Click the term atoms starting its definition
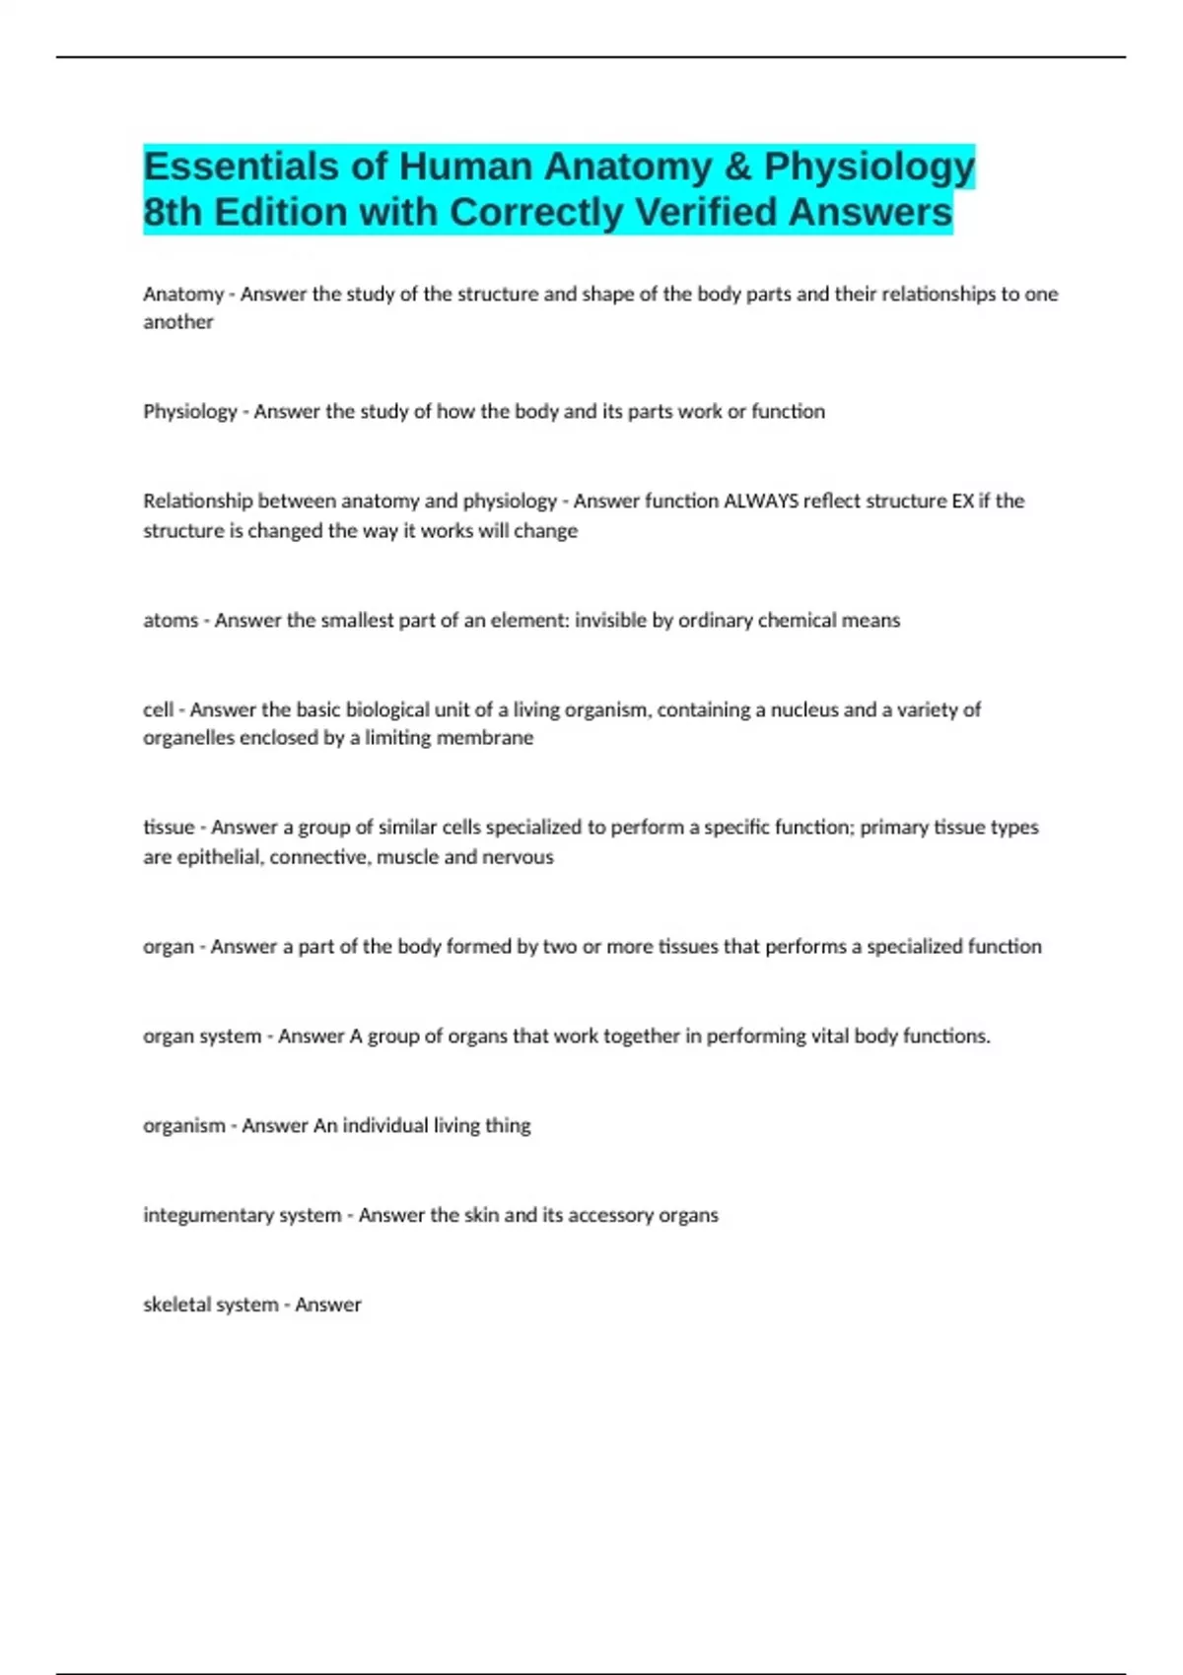tap(171, 621)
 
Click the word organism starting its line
tap(184, 1125)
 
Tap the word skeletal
tap(175, 1305)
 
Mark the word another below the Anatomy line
tap(178, 322)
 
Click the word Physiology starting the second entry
tap(190, 412)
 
